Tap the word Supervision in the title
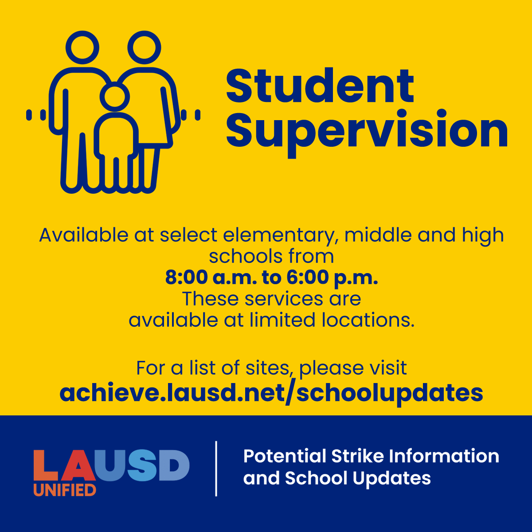click(367, 131)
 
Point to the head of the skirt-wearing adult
click(144, 47)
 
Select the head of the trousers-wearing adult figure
click(82, 47)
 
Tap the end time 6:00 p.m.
click(332, 278)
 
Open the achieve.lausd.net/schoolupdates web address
click(271, 393)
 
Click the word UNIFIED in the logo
click(65, 489)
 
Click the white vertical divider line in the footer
click(216, 468)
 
